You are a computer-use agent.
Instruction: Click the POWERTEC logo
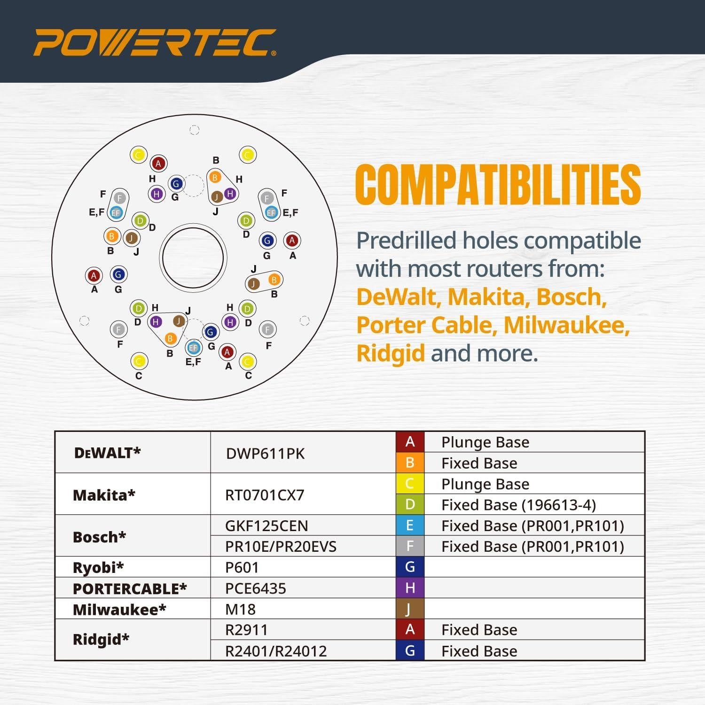point(155,43)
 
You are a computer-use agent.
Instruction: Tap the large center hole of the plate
point(193,258)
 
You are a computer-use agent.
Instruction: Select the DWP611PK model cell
point(265,454)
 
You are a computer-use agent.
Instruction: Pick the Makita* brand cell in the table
point(104,495)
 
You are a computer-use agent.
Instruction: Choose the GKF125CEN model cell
point(266,525)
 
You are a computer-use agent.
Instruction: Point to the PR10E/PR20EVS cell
point(281,547)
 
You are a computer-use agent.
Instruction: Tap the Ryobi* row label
point(98,567)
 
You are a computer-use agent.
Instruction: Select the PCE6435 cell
point(255,588)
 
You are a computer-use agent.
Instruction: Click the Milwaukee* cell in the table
point(119,610)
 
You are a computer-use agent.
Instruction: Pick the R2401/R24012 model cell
point(275,651)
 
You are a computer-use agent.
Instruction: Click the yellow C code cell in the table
point(410,484)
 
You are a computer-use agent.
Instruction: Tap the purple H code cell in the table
point(410,588)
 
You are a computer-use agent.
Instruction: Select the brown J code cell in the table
point(410,609)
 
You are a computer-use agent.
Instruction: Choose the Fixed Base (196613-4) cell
point(518,505)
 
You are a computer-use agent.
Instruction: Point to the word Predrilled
point(406,241)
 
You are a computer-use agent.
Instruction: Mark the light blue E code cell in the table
point(410,525)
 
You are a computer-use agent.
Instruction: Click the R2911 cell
point(246,630)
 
